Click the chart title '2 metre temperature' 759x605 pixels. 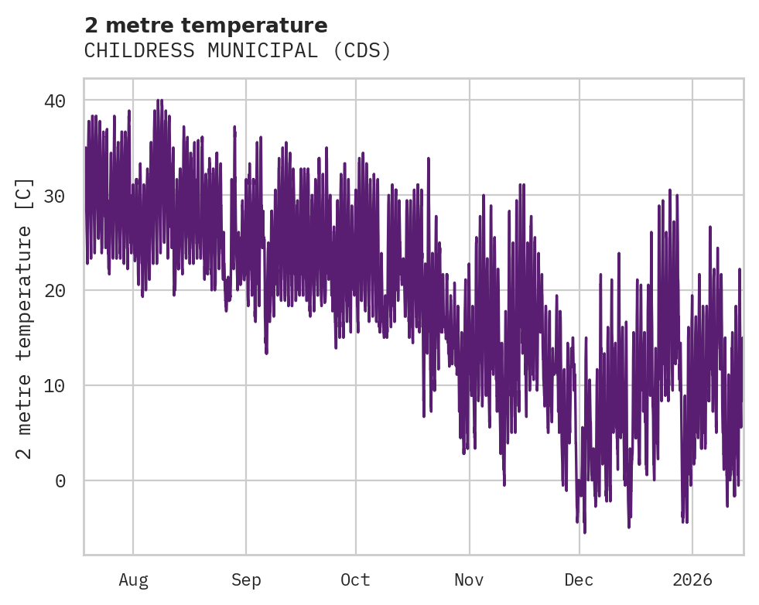pos(206,26)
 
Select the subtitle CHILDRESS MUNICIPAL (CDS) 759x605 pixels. pos(238,51)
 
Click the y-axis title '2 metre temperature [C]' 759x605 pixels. pos(25,318)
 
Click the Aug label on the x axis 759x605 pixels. pos(133,580)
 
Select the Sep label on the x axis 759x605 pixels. pos(246,580)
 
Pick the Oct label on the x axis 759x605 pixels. pos(356,580)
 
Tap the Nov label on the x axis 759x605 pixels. pos(470,580)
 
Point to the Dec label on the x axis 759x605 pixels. pos(580,580)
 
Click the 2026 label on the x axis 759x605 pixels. pos(692,580)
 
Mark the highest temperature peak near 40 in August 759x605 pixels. pos(159,100)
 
